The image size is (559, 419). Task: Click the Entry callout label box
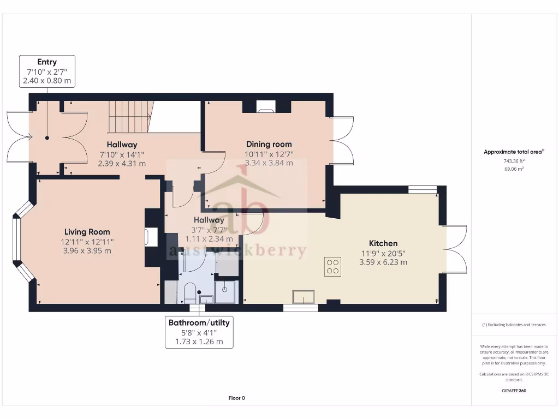click(47, 71)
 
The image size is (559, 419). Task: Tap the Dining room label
click(269, 144)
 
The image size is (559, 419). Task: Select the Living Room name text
click(87, 232)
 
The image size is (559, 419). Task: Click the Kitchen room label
click(383, 243)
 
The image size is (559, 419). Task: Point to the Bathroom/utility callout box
click(199, 332)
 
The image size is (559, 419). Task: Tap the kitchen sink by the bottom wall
click(304, 297)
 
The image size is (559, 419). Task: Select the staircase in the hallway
click(129, 116)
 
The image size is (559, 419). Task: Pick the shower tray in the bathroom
click(225, 292)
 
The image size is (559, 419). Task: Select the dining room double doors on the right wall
click(343, 140)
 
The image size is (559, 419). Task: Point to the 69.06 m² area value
click(513, 169)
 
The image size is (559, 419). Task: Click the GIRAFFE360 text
click(513, 391)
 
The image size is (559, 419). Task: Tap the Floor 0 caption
click(236, 398)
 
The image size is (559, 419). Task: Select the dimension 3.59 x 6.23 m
click(383, 262)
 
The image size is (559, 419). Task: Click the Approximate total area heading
click(513, 152)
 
